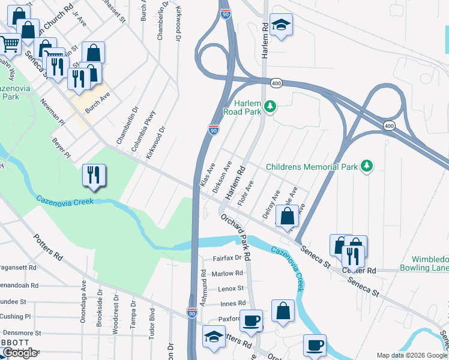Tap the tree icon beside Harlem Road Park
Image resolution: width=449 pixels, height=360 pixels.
271,106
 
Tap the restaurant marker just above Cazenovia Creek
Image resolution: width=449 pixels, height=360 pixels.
94,175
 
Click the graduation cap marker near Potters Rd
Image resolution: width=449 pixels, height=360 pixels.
214,336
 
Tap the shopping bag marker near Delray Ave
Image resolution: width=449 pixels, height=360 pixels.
288,215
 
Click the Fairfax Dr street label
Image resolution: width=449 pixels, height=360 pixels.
227,258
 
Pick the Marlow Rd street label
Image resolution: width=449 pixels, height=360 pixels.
228,273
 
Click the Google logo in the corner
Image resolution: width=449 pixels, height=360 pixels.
20,353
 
